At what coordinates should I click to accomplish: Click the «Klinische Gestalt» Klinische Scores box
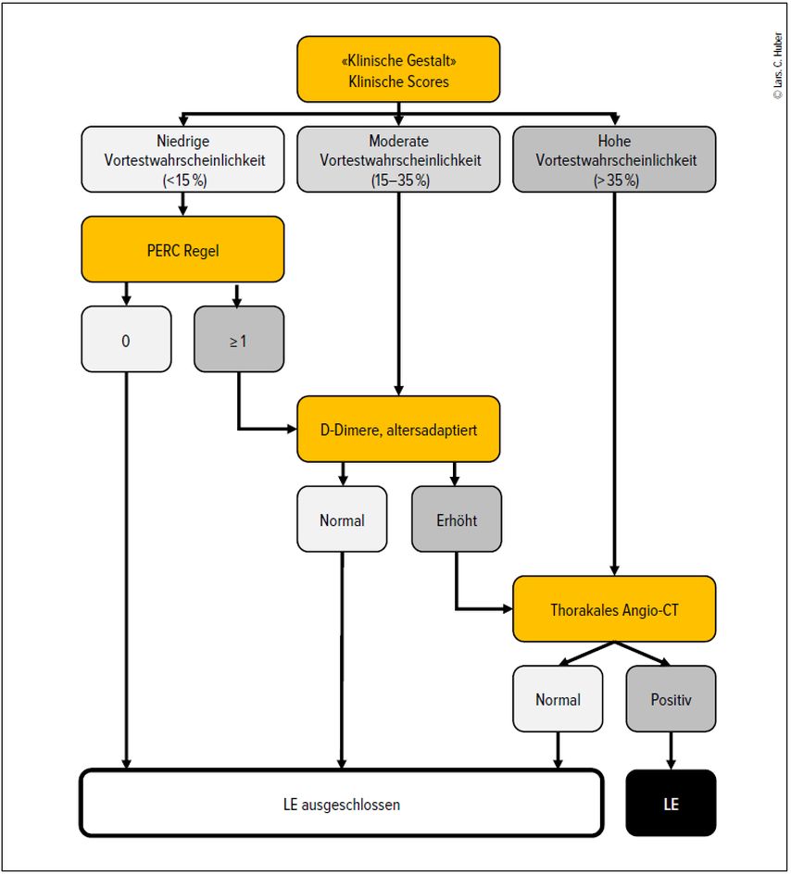click(x=398, y=69)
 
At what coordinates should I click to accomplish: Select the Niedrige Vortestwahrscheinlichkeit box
click(x=182, y=159)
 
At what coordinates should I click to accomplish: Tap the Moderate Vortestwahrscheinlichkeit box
click(x=398, y=159)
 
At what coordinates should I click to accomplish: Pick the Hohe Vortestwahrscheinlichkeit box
click(x=614, y=159)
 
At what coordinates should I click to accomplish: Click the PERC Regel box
click(x=182, y=249)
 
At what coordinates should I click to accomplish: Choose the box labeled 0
click(x=126, y=339)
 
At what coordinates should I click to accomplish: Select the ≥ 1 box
click(x=239, y=339)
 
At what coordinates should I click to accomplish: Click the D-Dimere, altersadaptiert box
click(x=398, y=429)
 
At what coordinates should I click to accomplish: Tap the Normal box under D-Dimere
click(x=342, y=519)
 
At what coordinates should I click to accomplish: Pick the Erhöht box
click(x=457, y=519)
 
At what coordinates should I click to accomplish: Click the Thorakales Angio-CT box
click(x=614, y=609)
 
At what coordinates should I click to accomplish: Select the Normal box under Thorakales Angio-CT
click(x=558, y=699)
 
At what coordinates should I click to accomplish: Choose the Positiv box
click(x=671, y=699)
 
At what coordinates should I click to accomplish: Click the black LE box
click(x=671, y=803)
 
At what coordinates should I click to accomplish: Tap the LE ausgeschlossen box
click(x=342, y=803)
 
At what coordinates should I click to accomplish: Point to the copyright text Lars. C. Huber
click(x=778, y=66)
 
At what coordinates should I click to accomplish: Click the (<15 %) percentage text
click(x=184, y=181)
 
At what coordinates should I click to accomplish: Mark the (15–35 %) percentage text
click(x=400, y=181)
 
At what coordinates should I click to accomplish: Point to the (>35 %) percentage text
click(x=616, y=181)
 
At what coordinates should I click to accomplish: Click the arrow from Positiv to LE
click(x=671, y=751)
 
